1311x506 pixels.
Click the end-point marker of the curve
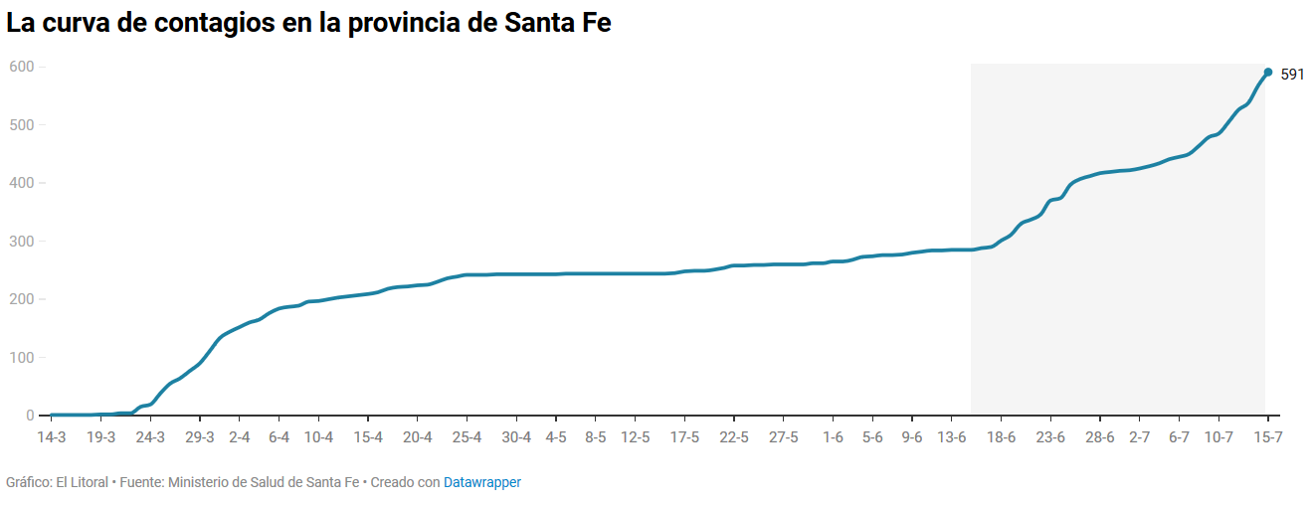(1267, 72)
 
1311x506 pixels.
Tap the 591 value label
(1292, 75)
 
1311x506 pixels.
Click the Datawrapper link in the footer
(482, 482)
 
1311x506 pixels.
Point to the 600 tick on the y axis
(21, 67)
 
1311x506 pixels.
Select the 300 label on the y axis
(21, 242)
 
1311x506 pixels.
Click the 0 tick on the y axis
(30, 416)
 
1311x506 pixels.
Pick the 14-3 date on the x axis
(51, 437)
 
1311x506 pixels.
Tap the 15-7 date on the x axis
(1267, 437)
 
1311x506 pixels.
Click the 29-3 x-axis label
(200, 437)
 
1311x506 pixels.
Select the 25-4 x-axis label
(467, 437)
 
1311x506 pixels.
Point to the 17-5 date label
(684, 437)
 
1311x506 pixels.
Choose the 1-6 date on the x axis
(834, 437)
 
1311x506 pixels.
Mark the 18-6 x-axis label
(1001, 437)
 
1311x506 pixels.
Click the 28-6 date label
(1100, 437)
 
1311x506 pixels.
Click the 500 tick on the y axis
(21, 125)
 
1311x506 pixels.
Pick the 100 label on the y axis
(21, 358)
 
